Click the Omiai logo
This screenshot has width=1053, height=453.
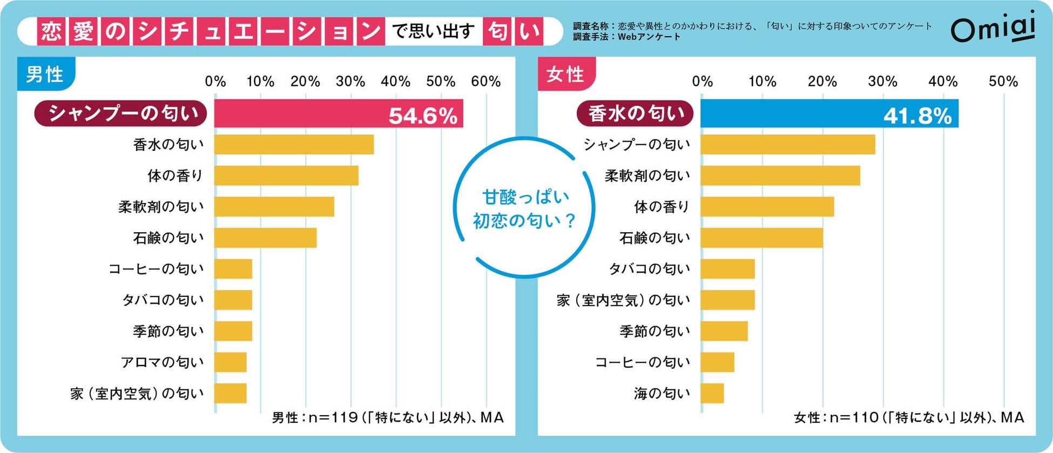(993, 29)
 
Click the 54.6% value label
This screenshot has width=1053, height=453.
(423, 116)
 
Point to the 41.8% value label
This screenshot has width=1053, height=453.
(917, 116)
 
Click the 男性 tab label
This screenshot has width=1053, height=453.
(45, 74)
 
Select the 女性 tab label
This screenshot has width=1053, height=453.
(565, 74)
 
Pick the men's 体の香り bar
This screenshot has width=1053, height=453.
(286, 175)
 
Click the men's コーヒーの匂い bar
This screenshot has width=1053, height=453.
(233, 269)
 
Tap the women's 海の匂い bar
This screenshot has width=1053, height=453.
(712, 394)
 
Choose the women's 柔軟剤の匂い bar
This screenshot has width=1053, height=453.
(780, 175)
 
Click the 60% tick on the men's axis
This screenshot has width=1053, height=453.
(486, 82)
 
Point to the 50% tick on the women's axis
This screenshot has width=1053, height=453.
(1003, 82)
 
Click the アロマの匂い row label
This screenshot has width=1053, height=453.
(163, 362)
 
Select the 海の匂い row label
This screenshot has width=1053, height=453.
(662, 394)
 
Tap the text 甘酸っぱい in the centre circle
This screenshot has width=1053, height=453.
(525, 197)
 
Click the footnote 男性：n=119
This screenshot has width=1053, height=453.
(313, 417)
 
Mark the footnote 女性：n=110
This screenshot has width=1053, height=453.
(835, 417)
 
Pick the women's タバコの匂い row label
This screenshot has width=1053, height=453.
(650, 269)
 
